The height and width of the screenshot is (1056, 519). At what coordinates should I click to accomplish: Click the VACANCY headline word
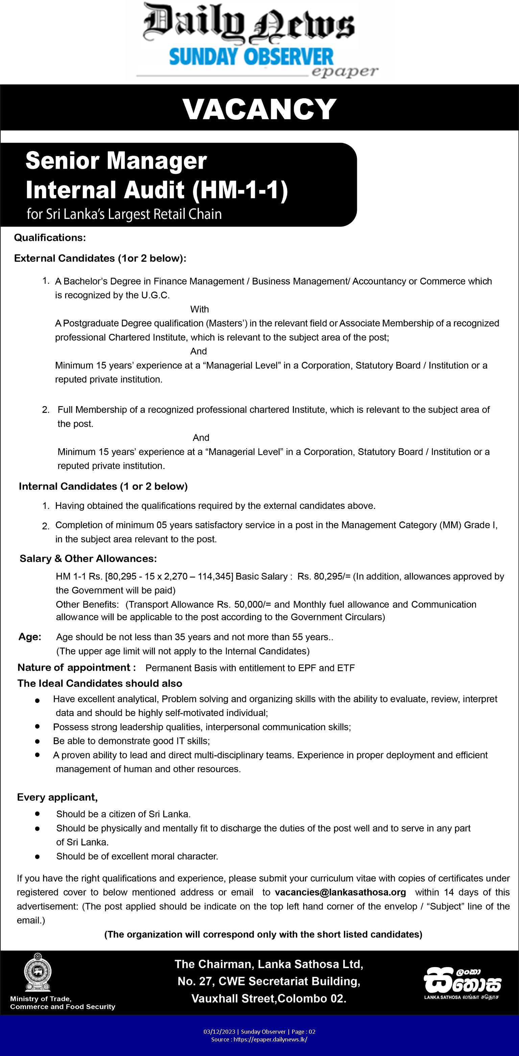pyautogui.click(x=259, y=109)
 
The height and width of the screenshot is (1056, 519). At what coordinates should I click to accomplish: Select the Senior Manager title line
pyautogui.click(x=116, y=161)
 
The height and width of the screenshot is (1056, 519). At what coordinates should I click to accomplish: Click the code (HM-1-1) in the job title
pyautogui.click(x=240, y=190)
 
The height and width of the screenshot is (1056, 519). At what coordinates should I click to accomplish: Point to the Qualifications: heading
pyautogui.click(x=50, y=238)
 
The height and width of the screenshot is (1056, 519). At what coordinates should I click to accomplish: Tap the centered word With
pyautogui.click(x=199, y=309)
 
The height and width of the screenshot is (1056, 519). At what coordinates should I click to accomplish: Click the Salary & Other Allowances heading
pyautogui.click(x=88, y=558)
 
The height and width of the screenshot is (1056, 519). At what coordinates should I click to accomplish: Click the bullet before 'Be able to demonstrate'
pyautogui.click(x=37, y=741)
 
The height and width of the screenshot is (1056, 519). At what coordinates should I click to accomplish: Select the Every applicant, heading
pyautogui.click(x=57, y=797)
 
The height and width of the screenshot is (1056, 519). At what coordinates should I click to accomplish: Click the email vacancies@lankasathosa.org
pyautogui.click(x=340, y=892)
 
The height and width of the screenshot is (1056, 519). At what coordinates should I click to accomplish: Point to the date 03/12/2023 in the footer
pyautogui.click(x=219, y=1032)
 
